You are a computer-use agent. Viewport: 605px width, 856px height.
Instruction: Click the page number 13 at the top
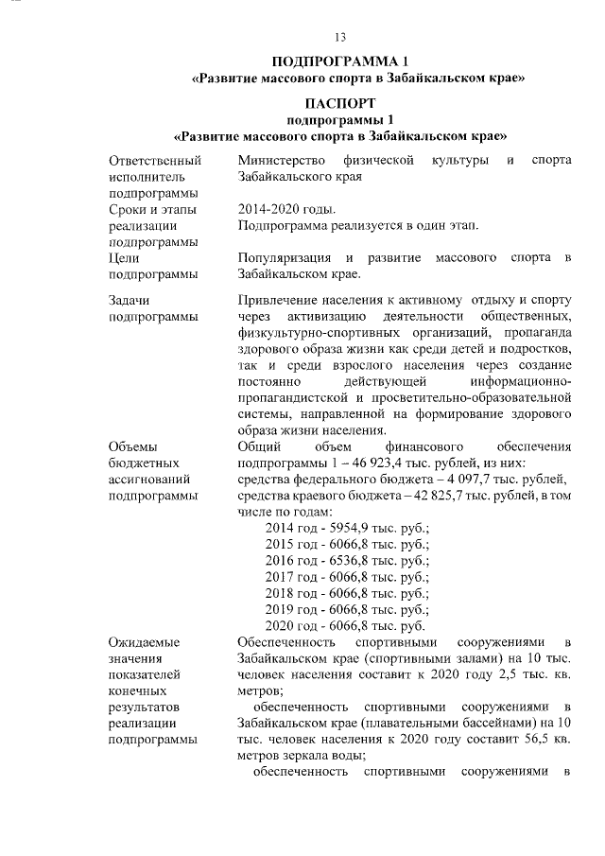[340, 38]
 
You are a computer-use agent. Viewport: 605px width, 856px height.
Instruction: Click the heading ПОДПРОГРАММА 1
[339, 61]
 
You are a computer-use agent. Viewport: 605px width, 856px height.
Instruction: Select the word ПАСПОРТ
[340, 102]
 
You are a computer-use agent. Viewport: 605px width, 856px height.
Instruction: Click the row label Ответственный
[154, 160]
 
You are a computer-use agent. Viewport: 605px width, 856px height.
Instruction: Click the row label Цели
[125, 258]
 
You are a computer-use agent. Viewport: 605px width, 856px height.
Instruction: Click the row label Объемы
[135, 446]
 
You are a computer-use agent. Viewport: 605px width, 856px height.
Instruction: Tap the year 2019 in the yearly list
[280, 609]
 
